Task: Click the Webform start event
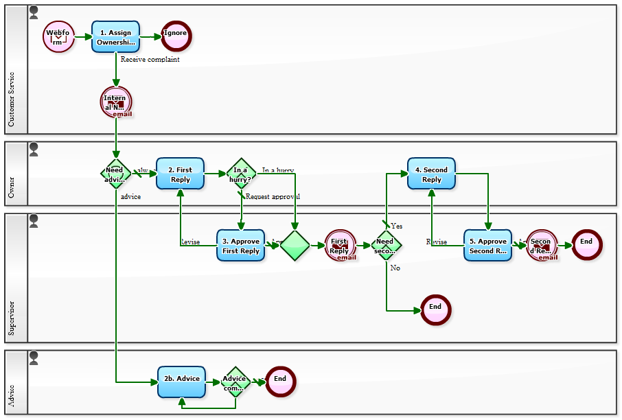58,36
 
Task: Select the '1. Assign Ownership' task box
115,36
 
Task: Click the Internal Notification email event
115,102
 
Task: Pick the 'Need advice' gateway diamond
115,174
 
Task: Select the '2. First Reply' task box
180,174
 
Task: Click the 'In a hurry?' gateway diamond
241,174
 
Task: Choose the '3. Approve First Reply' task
240,246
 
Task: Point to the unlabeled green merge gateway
295,246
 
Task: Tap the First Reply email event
340,246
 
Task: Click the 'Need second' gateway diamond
386,246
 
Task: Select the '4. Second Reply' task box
431,174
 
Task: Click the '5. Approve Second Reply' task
487,246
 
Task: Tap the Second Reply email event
542,246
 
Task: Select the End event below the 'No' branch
435,310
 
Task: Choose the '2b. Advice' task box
181,382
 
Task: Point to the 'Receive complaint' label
150,60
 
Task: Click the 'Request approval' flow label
273,196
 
